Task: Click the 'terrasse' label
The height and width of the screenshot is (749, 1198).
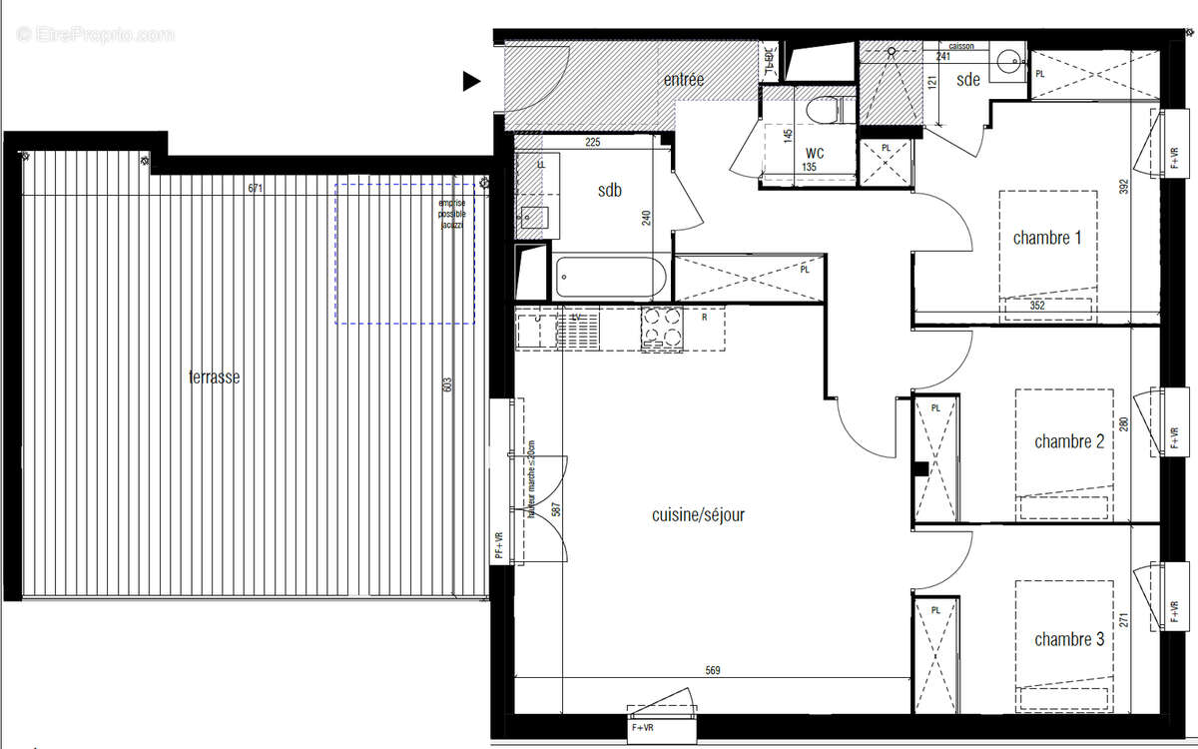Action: [213, 378]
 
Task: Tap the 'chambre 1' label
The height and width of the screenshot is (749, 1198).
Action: [1047, 238]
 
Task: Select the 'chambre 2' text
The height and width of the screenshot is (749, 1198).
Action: [1068, 441]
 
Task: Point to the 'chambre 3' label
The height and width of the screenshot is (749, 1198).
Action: [1068, 639]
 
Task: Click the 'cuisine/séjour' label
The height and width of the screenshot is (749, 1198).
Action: [698, 515]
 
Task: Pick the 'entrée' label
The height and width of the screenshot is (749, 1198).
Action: [684, 80]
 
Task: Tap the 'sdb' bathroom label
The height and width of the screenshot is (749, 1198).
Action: [609, 190]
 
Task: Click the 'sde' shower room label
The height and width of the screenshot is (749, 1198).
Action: [967, 80]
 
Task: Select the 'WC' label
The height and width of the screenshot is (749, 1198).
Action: [815, 154]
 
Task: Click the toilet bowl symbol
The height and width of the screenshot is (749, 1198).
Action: [825, 109]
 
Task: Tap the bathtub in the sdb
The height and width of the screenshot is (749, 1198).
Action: [608, 277]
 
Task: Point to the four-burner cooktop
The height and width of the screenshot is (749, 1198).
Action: [663, 328]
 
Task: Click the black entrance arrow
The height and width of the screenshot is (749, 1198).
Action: [471, 82]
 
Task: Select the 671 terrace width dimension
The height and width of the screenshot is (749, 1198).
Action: [257, 188]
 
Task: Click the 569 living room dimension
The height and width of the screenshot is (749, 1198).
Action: [712, 670]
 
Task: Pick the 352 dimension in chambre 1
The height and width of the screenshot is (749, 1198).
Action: [1037, 306]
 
